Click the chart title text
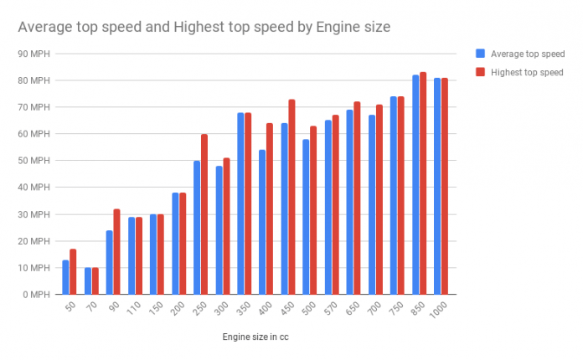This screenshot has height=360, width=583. [x=204, y=28]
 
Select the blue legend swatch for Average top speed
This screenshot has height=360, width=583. [x=479, y=54]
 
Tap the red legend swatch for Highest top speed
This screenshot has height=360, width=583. [x=479, y=72]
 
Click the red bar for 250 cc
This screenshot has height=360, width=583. [x=204, y=214]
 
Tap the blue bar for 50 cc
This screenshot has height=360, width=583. [x=66, y=277]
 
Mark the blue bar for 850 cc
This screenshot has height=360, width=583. [x=415, y=185]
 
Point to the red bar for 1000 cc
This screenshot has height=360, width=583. [x=445, y=186]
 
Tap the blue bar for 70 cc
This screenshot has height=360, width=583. [x=88, y=281]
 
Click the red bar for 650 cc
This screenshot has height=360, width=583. [x=357, y=198]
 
